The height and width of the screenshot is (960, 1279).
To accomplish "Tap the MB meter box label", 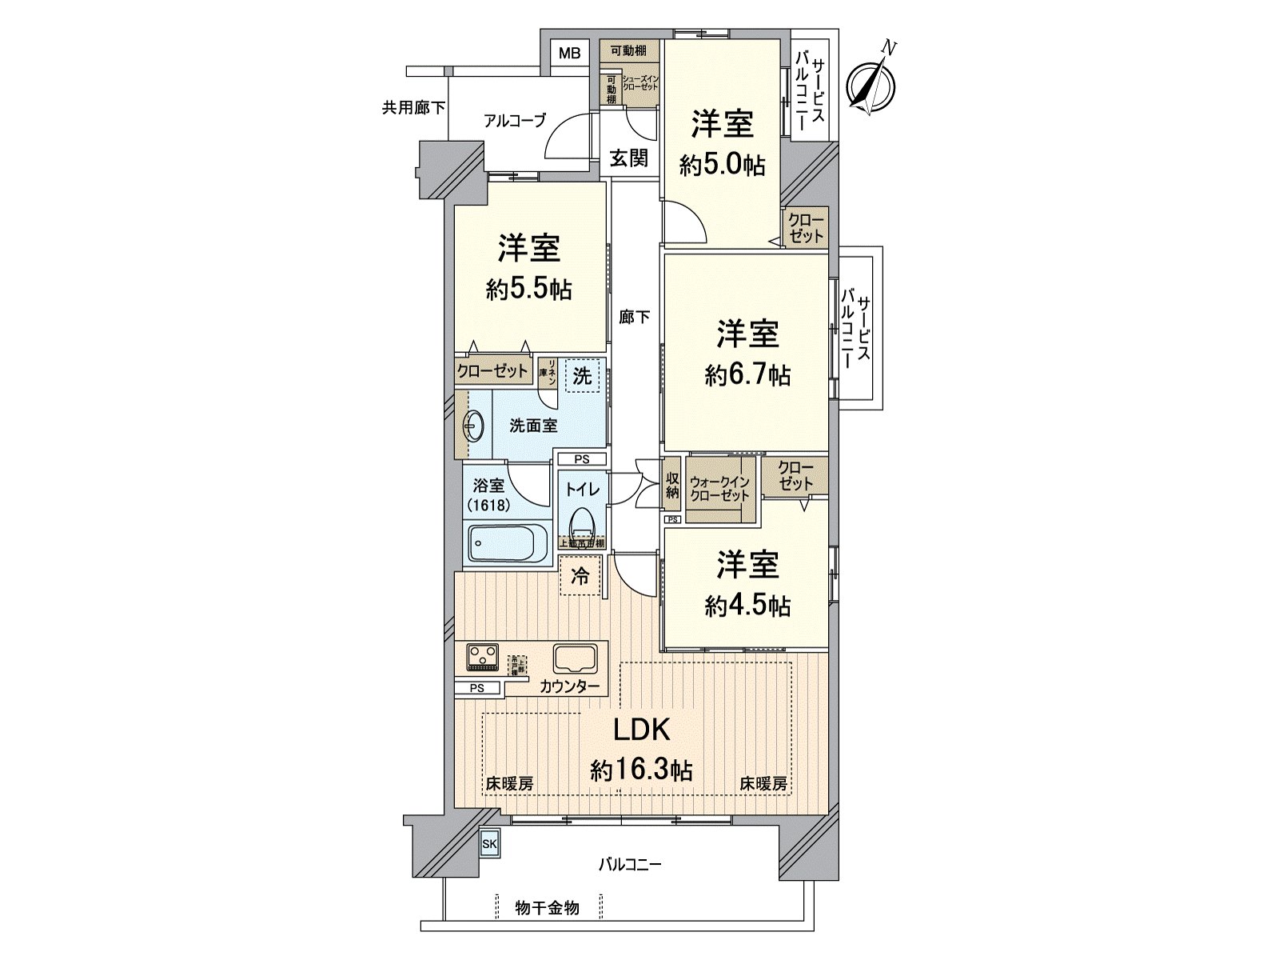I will (x=569, y=54).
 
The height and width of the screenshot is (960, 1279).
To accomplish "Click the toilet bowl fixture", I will (x=581, y=522).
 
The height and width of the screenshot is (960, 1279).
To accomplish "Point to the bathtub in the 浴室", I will (x=507, y=544).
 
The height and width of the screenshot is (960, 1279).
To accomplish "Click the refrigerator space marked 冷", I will (x=581, y=575).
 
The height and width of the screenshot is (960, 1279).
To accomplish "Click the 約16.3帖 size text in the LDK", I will (x=641, y=770).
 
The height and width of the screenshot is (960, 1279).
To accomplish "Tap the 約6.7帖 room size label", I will (x=748, y=374).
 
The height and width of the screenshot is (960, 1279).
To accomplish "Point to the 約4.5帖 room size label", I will (x=748, y=606).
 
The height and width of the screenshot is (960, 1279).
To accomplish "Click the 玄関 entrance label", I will (x=629, y=158).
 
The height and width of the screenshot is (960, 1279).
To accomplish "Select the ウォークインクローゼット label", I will (x=719, y=489).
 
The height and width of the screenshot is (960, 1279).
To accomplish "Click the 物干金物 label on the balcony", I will (x=547, y=907).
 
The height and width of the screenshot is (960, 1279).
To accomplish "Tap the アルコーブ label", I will (x=515, y=121).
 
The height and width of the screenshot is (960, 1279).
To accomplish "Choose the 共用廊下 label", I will (x=413, y=107).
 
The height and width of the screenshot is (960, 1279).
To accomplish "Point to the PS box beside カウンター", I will (x=477, y=687).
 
